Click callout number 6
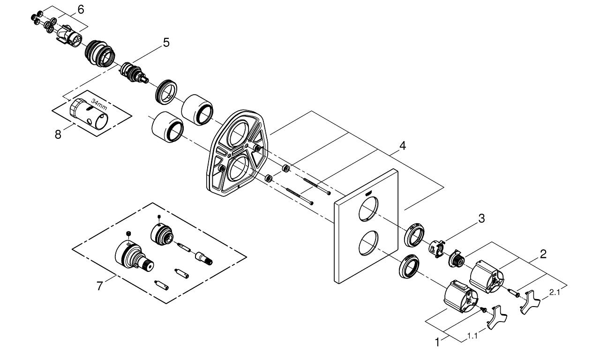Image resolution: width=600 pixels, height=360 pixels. (x=81, y=9)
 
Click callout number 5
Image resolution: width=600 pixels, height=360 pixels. (x=166, y=43)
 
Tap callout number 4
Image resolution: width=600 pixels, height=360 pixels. (x=402, y=146)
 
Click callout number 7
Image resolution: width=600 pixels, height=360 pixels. (x=99, y=286)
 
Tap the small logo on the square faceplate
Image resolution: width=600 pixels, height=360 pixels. (x=369, y=193)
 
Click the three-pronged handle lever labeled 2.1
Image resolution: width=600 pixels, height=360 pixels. (x=531, y=301)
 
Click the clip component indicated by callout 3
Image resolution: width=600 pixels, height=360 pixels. (x=437, y=249)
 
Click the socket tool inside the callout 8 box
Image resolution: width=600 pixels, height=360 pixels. (x=90, y=113)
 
